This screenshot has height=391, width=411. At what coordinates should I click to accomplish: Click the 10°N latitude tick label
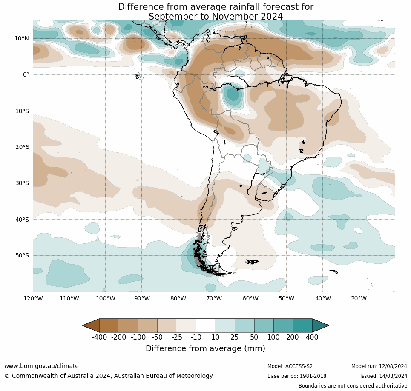pos(22,38)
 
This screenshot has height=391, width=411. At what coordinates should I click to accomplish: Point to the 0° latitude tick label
pos(26,74)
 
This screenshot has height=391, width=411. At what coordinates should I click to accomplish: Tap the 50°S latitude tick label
pos(22,256)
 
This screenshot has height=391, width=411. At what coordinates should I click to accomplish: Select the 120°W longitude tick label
pos(33,298)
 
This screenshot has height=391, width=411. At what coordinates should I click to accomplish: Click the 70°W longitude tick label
pos(214,298)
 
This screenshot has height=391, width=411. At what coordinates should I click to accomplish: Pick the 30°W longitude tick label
pos(359,298)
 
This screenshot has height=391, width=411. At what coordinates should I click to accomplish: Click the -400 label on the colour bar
pos(99,337)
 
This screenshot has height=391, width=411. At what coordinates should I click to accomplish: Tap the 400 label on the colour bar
pos(312,337)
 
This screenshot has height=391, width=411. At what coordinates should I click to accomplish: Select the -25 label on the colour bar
pos(177,337)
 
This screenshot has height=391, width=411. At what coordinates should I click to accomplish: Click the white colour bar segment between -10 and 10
pos(206,325)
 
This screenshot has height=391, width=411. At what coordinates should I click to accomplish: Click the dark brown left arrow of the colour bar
pos(91,325)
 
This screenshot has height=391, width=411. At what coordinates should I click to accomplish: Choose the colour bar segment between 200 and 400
pos(302,325)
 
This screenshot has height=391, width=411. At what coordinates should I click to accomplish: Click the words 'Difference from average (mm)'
pos(205,348)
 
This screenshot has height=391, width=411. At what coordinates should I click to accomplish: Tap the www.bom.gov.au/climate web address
pos(41,366)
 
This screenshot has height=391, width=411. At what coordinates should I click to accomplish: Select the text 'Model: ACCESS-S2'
pos(290,366)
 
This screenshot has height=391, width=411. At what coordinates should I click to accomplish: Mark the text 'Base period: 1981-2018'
pos(297,376)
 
